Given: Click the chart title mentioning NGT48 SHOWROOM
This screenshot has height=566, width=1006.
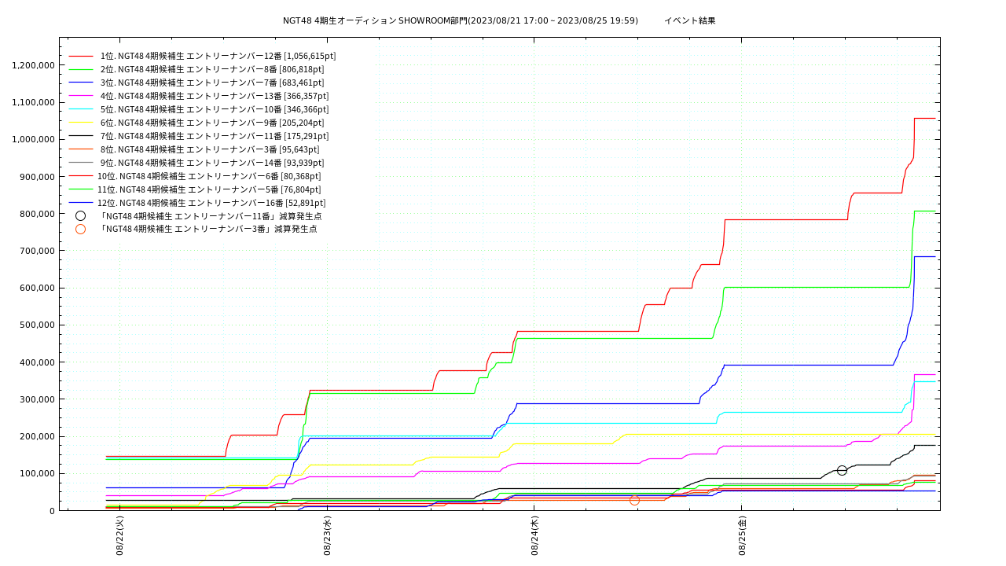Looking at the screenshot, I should point(499,20).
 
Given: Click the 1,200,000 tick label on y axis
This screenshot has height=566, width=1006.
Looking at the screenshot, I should point(33,65).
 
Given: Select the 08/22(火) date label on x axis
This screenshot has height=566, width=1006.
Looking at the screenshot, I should point(120,536).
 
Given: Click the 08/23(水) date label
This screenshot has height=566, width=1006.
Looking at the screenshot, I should point(328,536).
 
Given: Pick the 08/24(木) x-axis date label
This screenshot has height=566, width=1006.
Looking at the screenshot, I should point(535,536).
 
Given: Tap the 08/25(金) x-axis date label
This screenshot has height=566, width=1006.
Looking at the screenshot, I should point(743,536).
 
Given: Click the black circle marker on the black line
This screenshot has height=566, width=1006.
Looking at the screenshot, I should point(842,470).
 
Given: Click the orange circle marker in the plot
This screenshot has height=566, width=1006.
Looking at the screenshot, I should point(634,500).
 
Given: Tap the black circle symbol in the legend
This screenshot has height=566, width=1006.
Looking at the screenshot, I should point(80,216).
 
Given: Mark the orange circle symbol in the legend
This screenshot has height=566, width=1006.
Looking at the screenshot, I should point(80,230).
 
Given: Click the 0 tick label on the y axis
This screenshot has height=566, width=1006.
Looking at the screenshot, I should point(52,511).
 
